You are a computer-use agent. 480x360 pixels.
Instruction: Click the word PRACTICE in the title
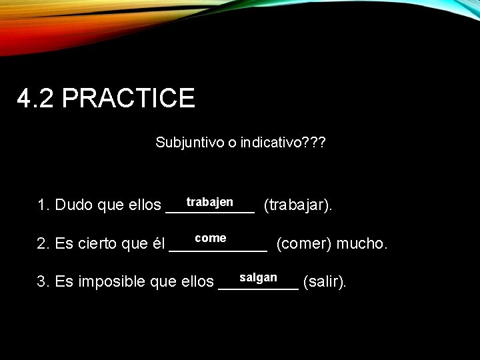pos(128,98)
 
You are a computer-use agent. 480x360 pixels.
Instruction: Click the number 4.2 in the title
pos(37,98)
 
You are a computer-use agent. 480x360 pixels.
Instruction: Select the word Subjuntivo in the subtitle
pos(189,143)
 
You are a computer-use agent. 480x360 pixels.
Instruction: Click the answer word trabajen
pos(209,201)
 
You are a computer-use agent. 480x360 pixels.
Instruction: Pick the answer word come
pos(211,238)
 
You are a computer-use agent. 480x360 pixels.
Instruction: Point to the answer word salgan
pos(258,277)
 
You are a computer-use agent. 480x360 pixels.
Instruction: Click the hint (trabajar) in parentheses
pos(298,205)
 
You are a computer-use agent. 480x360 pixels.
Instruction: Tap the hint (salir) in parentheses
pos(325,282)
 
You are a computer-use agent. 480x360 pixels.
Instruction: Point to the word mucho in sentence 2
pos(361,244)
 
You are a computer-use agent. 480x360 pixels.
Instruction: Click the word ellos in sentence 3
pos(197,282)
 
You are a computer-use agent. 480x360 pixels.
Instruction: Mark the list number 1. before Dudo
pos(44,205)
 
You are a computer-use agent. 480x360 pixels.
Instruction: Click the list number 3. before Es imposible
pos(44,282)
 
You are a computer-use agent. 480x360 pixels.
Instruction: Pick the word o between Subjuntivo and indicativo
pos(228,143)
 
